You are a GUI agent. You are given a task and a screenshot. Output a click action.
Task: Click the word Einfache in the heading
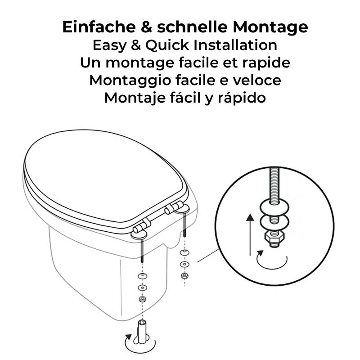pos(99,27)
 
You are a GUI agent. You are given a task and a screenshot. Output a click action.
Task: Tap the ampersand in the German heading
pos(147,27)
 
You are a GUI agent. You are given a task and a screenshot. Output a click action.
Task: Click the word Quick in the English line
pos(167,45)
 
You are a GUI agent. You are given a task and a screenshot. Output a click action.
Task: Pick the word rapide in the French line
pos(266,63)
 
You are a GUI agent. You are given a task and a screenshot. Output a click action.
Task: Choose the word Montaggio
pos(130,81)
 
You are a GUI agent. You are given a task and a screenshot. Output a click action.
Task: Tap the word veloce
pos(257,80)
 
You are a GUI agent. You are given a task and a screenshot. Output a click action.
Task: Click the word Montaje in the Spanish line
pos(135,98)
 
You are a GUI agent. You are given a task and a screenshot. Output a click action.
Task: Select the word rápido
pos(242,98)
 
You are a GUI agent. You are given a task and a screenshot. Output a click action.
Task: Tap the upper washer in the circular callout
pos(274,207)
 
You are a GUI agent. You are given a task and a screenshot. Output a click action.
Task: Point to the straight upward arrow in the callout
pos(250,234)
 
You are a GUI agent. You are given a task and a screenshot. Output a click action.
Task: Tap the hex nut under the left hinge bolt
pos(142,299)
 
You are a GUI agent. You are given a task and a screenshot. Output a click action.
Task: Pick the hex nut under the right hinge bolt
pos(184,276)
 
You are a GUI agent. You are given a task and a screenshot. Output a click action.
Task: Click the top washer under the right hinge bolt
pos(184,253)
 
